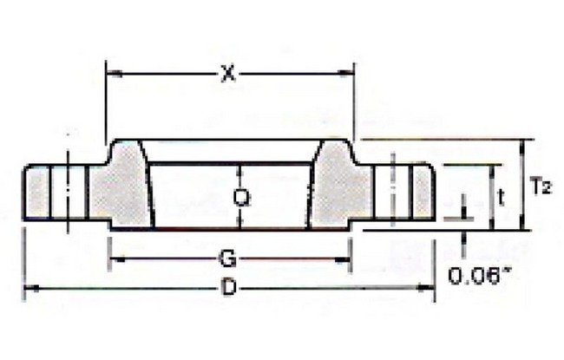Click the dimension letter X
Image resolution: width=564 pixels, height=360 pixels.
(228, 75)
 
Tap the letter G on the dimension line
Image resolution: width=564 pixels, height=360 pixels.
(226, 258)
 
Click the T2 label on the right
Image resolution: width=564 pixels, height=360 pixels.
(540, 185)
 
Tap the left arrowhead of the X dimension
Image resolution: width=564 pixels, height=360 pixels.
(112, 75)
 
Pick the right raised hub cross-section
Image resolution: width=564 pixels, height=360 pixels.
(345, 187)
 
